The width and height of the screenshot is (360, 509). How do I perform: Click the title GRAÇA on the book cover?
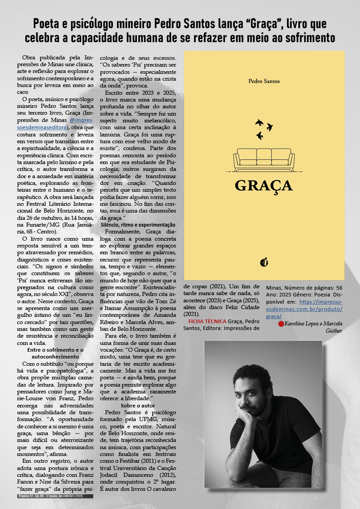pyautogui.click(x=263, y=185)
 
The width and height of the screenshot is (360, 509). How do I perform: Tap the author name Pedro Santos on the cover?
pyautogui.click(x=264, y=81)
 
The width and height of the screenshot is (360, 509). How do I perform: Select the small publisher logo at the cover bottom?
pyautogui.click(x=264, y=262)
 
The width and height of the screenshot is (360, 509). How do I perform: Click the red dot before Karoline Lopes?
pyautogui.click(x=281, y=324)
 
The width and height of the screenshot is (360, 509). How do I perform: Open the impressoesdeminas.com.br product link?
pyautogui.click(x=321, y=309)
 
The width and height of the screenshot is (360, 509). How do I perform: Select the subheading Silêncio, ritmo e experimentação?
pyautogui.click(x=141, y=225)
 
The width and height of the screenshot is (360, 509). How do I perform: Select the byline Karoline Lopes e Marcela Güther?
pyautogui.click(x=313, y=327)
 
